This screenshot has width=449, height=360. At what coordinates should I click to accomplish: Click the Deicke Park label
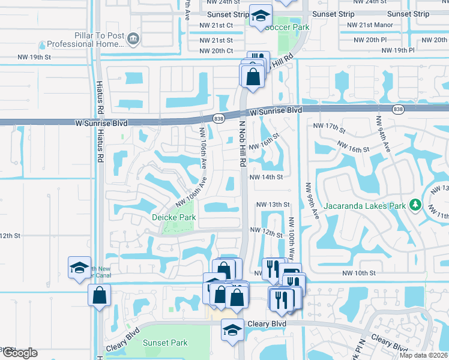point(173,217)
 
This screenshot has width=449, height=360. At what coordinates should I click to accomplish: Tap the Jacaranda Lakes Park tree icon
point(414,206)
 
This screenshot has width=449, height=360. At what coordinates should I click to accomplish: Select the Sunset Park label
point(165,343)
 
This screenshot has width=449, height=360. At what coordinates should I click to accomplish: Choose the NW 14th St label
point(266,178)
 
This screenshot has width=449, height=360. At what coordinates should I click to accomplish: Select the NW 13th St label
point(273,205)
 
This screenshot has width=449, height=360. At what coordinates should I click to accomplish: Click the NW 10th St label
point(358,273)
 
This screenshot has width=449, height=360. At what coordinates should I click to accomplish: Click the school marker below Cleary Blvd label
point(232,330)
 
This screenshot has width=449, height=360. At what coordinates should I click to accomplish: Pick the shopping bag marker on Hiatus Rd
point(99,296)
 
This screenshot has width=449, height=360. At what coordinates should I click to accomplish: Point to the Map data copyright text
point(423,355)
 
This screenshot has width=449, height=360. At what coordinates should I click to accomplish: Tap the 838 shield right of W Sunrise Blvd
point(398,109)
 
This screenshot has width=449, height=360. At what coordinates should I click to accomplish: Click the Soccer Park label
point(287,27)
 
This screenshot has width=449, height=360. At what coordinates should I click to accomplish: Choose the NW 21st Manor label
point(370,25)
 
